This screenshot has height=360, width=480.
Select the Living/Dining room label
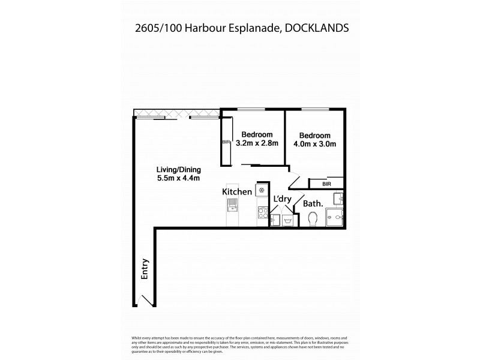tap(178, 169)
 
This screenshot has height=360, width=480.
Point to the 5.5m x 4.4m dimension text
tap(178, 178)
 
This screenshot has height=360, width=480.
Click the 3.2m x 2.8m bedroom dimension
tap(257, 143)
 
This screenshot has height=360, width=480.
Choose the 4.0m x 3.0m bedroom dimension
tap(314, 143)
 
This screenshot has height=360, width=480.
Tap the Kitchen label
tap(237, 191)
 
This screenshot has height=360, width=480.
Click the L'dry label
tap(282, 199)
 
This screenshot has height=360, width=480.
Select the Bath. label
tap(313, 203)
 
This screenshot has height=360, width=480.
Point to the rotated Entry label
tap(144, 269)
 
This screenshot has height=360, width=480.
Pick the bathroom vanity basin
tap(338, 197)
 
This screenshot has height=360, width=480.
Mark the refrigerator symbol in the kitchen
tap(262, 190)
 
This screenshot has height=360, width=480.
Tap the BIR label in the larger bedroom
tap(326, 184)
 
